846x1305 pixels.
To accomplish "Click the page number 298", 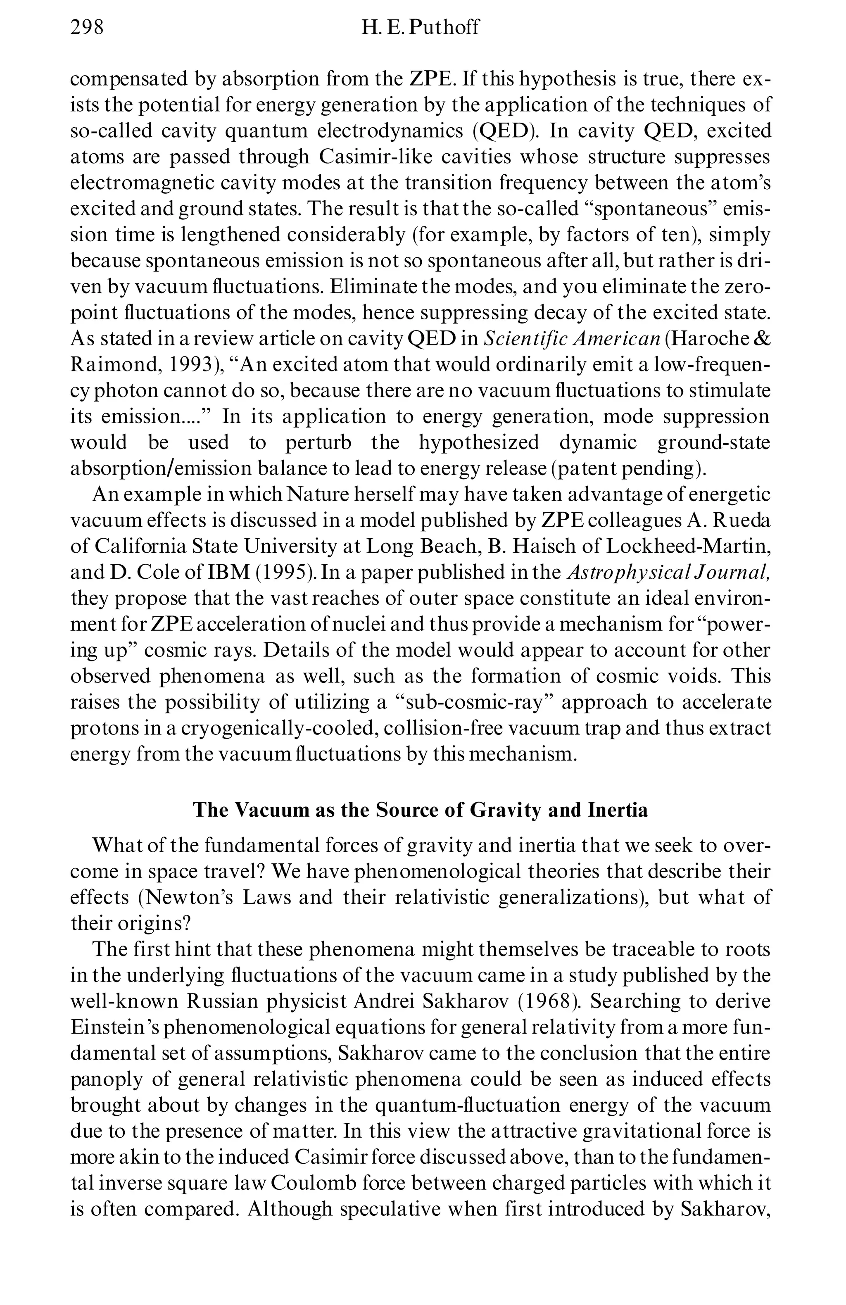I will (87, 26).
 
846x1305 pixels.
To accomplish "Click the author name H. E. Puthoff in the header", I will (420, 26).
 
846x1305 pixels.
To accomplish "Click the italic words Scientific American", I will (571, 339).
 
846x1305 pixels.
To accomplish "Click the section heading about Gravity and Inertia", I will (420, 810).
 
